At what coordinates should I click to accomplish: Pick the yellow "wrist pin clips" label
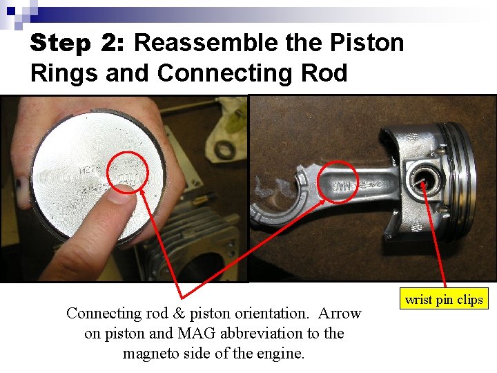444,298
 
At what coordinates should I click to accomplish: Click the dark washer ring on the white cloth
224,148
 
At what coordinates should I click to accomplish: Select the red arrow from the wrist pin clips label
434,235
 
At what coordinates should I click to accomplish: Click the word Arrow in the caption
340,313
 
